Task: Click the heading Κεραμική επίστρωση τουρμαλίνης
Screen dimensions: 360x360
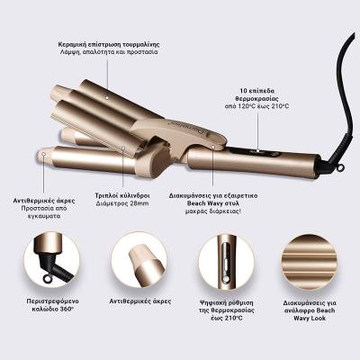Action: [109, 44]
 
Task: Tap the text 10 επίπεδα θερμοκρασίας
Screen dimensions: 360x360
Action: [257, 94]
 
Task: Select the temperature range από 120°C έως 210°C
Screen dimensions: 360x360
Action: [257, 106]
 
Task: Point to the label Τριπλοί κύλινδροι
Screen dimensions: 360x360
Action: [122, 195]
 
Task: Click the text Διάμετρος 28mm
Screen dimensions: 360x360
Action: [122, 203]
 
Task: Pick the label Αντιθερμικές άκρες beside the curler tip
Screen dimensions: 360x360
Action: [44, 201]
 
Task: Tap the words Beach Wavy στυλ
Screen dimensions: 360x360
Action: [213, 203]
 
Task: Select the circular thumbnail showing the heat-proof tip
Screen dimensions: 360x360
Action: [139, 260]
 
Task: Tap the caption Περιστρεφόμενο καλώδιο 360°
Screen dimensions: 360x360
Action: [52, 305]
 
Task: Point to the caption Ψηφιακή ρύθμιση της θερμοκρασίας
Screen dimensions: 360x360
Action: [227, 306]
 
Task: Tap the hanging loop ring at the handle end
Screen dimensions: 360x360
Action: [339, 168]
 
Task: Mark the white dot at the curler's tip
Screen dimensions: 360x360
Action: [44, 154]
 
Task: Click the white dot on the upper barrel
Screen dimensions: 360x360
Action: [107, 97]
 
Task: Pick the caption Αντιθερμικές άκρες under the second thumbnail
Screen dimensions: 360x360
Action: [140, 301]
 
